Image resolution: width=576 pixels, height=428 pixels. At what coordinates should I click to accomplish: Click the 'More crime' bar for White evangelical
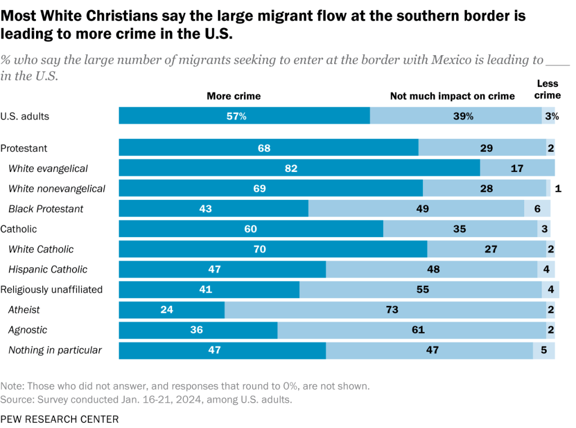(299, 169)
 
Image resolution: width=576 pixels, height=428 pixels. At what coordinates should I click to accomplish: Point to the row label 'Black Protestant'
(46, 209)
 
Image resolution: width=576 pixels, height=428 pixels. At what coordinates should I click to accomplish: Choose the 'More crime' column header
(233, 96)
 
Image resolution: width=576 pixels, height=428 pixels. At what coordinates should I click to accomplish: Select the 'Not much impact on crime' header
(452, 96)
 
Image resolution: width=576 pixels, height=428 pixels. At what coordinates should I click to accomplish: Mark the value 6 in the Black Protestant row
(537, 209)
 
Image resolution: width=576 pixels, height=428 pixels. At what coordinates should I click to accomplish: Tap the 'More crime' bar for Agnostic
(198, 330)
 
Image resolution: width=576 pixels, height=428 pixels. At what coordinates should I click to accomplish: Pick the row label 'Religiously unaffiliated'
(51, 290)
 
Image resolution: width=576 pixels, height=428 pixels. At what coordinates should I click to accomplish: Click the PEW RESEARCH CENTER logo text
(60, 419)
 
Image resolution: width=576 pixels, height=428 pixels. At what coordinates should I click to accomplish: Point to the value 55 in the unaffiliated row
(422, 290)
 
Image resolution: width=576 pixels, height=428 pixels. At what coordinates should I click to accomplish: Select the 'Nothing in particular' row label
(55, 350)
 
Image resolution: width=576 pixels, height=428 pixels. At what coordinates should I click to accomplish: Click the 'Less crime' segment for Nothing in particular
(544, 350)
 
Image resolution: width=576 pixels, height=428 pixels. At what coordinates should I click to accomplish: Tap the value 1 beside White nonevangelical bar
(557, 189)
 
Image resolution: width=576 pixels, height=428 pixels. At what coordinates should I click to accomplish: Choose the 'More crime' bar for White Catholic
(273, 249)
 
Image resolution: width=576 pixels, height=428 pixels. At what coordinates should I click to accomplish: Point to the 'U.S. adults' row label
(25, 117)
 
